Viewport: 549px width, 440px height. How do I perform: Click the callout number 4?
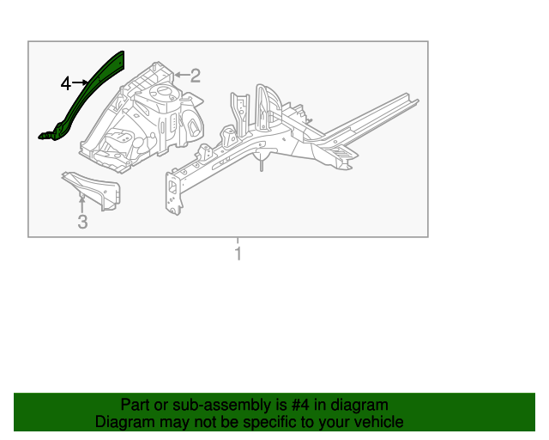(66, 83)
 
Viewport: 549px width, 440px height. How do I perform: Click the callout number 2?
(195, 76)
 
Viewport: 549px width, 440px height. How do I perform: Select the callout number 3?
(82, 223)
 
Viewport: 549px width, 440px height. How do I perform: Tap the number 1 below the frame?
(238, 254)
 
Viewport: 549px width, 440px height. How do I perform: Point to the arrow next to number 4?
(81, 82)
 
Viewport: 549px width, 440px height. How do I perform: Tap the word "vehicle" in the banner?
(377, 422)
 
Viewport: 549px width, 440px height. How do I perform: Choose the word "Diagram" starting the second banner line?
(123, 422)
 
